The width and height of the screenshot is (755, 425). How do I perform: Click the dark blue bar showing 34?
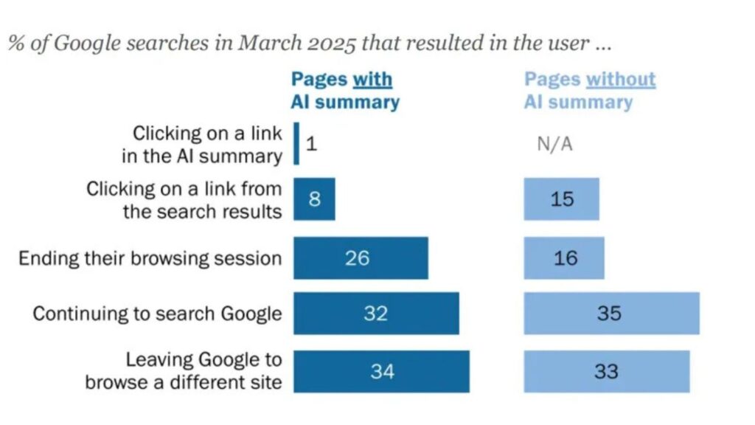(381, 371)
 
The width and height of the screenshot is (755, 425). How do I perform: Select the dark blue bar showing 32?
(376, 314)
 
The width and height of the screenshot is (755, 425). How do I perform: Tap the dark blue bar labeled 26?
(361, 258)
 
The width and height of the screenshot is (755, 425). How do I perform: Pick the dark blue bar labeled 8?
(314, 199)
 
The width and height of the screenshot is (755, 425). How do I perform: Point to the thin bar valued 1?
(296, 143)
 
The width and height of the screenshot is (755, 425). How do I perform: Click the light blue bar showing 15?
(562, 199)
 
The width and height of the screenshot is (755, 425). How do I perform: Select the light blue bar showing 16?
(564, 258)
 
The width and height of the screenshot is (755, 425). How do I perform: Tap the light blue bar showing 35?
(611, 314)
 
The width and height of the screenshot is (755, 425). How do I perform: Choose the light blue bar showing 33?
(607, 371)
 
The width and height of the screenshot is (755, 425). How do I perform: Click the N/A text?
(554, 144)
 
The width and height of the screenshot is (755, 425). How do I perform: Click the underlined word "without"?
(621, 80)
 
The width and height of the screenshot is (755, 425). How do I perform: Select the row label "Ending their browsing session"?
(150, 258)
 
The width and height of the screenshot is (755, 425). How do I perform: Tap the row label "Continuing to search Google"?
(157, 314)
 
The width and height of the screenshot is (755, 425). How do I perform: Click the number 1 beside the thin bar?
(311, 143)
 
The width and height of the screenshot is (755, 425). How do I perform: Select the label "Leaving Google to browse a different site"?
(184, 371)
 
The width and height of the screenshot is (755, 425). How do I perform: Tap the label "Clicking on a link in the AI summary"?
(202, 145)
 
